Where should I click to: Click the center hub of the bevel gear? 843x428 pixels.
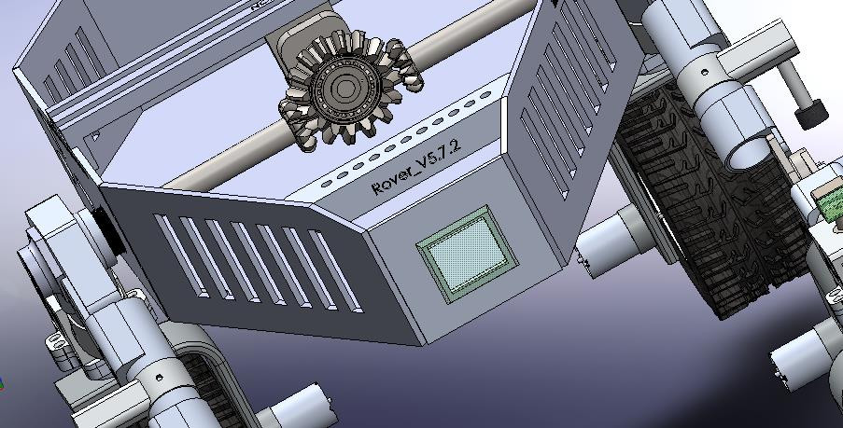tap(344, 90)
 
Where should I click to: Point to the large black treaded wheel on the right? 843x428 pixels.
tap(710, 205)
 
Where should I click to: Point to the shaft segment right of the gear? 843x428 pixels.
tap(467, 48)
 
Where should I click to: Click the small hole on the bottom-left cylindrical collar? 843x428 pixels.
tap(160, 378)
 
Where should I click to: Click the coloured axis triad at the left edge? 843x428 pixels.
tap(3, 382)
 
